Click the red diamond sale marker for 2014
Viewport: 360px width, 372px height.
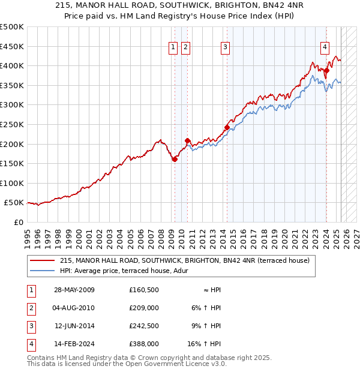pos(227,127)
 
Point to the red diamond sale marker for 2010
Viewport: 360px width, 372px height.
pos(188,140)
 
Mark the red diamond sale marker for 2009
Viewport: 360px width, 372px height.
pos(175,159)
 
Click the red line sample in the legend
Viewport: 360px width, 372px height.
pos(42,260)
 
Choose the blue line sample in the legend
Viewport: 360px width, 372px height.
pos(42,271)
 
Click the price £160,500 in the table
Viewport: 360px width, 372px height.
pos(143,290)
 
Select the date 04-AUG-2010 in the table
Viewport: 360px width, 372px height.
pos(74,308)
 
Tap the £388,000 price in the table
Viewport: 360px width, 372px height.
pos(143,344)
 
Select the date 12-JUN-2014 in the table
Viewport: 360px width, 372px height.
pos(74,326)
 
